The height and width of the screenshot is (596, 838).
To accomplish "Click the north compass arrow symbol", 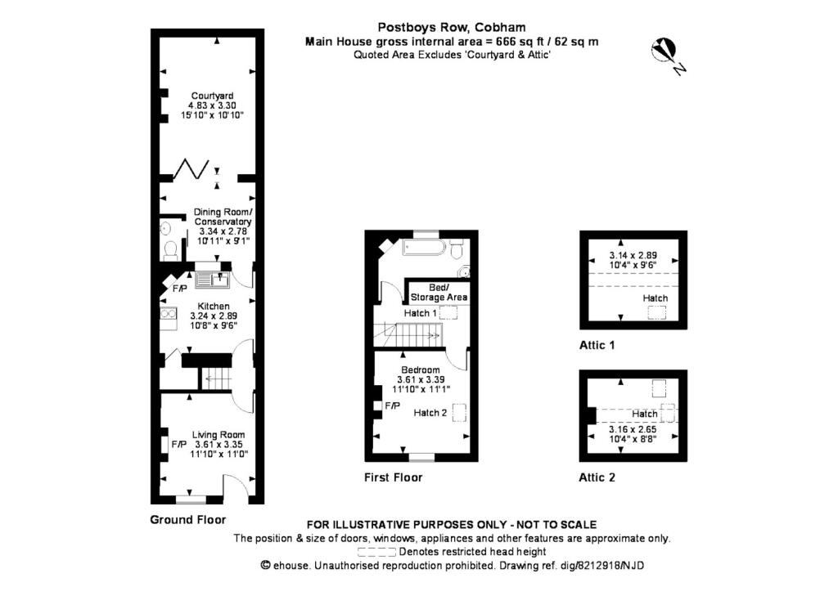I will [665, 52].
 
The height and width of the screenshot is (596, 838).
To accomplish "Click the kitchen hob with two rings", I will [168, 313].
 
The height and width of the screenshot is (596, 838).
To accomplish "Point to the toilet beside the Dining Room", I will [170, 249].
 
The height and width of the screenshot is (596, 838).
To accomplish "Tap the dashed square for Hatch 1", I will [449, 313].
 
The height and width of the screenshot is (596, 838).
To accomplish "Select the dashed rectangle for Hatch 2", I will [460, 414].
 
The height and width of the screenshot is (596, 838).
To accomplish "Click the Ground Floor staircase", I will [218, 379].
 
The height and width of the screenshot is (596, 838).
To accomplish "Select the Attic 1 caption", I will [597, 345].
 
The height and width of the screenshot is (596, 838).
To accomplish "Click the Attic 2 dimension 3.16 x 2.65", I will [633, 429].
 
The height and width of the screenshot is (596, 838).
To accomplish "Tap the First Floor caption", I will [393, 477].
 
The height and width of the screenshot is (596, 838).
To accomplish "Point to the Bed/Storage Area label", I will [439, 293].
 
